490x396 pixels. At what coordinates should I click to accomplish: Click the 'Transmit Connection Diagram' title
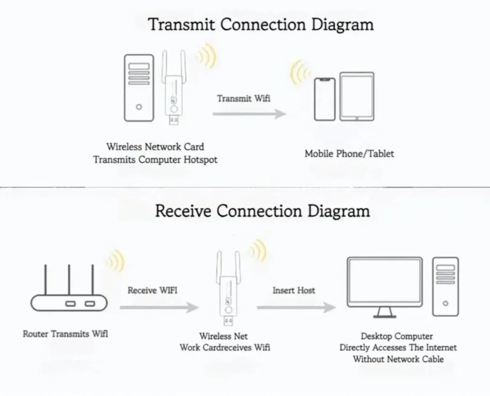click(x=261, y=24)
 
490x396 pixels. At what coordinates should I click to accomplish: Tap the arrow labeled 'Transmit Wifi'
click(x=249, y=114)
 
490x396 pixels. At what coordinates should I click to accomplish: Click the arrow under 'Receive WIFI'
click(x=159, y=307)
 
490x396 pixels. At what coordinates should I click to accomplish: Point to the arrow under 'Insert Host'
click(x=296, y=307)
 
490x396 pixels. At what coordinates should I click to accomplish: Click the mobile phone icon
click(x=324, y=99)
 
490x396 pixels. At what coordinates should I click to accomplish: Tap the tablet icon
click(x=356, y=96)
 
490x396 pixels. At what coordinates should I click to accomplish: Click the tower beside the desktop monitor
click(x=445, y=287)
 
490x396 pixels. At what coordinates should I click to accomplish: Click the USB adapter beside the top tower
click(x=175, y=96)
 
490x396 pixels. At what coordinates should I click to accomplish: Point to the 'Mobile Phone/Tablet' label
click(x=350, y=154)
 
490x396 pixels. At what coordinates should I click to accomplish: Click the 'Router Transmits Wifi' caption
click(x=65, y=334)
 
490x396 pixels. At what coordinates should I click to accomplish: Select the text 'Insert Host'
click(x=294, y=290)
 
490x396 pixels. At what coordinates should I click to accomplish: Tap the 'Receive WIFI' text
click(x=152, y=290)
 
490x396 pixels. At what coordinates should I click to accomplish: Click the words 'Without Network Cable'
click(x=398, y=359)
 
